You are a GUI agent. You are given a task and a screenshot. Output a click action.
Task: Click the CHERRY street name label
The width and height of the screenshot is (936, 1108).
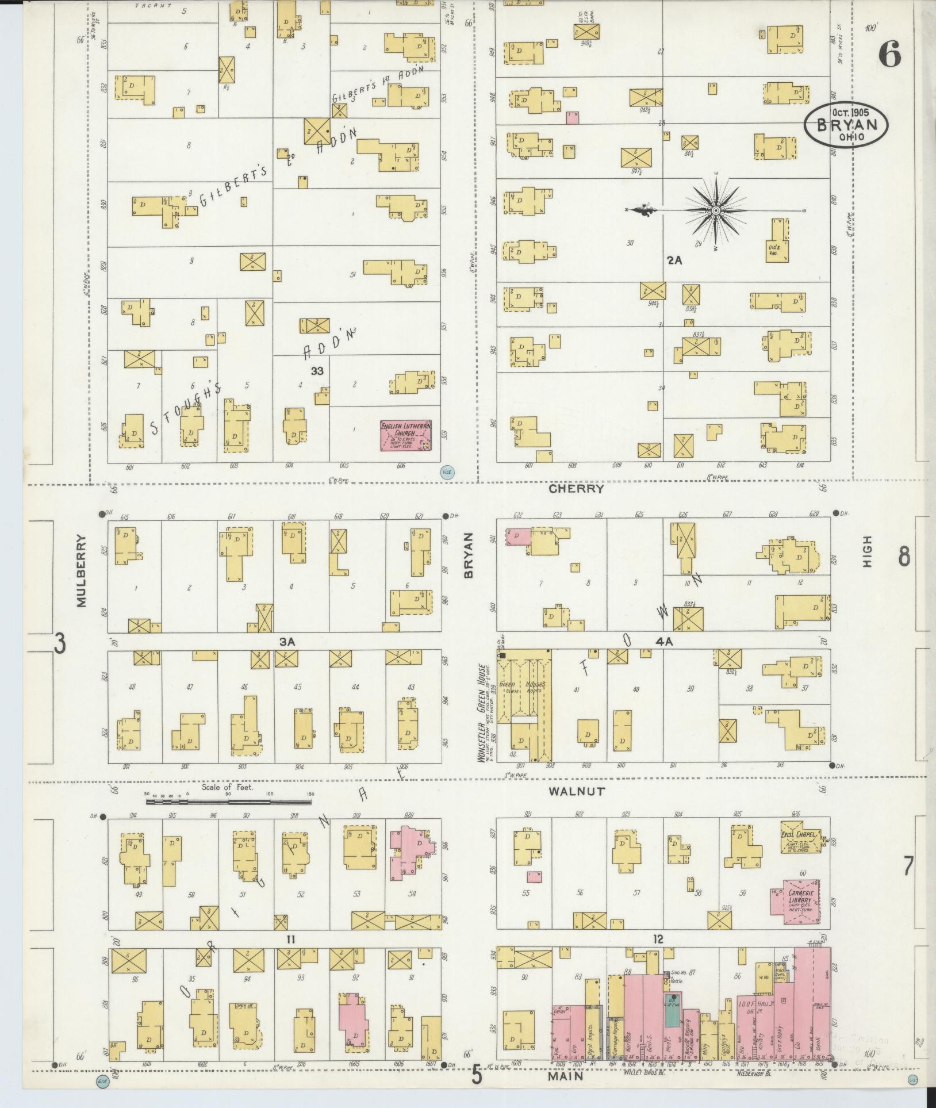pos(576,489)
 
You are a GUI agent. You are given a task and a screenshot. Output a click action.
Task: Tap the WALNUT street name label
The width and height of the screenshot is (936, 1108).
pos(576,791)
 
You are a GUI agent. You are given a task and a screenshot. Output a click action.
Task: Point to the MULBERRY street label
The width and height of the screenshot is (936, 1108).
pos(81,571)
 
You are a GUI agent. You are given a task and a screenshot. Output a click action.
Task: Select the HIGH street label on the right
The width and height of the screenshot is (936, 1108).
pos(867,552)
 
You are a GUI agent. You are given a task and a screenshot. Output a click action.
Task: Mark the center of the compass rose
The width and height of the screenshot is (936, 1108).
pos(716,211)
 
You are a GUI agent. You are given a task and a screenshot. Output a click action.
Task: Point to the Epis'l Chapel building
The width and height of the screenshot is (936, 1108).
pos(800,844)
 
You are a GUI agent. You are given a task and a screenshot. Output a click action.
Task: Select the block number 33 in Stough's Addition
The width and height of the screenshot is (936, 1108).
pos(317,371)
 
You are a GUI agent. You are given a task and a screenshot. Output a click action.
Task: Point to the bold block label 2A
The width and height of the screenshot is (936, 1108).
pos(674,260)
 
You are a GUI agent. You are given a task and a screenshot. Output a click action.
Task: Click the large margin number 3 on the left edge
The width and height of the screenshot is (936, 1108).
pos(60,643)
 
